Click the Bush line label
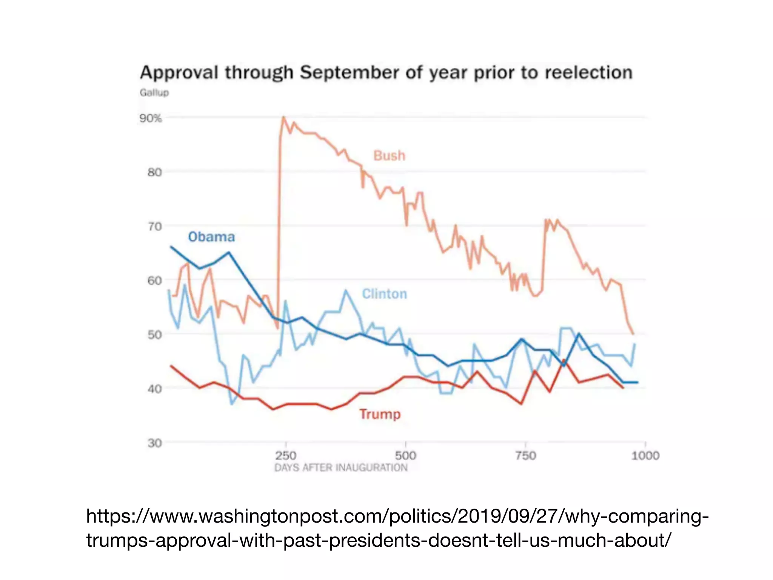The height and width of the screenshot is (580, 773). tap(389, 156)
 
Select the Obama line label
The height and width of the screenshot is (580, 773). tap(211, 237)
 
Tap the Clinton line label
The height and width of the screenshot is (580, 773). tap(385, 294)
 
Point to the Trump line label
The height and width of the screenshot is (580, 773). tap(380, 414)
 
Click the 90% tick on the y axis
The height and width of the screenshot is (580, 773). tap(151, 118)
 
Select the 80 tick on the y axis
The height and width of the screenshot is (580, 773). tap(154, 173)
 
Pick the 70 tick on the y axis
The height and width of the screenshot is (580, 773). tap(154, 227)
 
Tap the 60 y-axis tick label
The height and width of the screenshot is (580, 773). tap(154, 281)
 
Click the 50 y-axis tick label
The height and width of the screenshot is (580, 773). tap(154, 335)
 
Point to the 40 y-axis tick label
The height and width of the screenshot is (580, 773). tap(154, 389)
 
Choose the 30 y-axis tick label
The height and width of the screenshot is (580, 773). tap(154, 443)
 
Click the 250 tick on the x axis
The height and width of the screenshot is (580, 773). tap(286, 455)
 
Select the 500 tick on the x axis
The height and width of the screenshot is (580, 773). tap(405, 455)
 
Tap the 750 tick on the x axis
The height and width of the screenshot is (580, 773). tap(525, 455)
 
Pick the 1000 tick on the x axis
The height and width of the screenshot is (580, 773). tap(645, 455)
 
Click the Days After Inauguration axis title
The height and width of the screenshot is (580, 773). tap(341, 468)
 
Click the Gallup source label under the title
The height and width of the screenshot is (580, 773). tap(154, 93)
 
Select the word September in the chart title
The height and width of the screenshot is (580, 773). tap(349, 72)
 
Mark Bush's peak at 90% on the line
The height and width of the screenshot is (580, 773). tap(283, 117)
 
